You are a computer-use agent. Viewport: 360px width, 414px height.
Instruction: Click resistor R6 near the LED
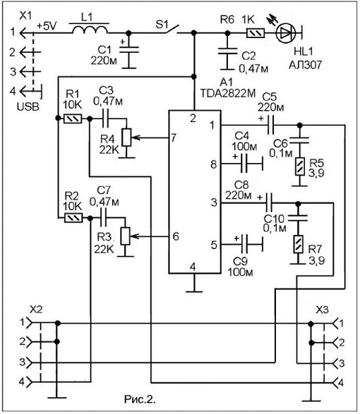[256, 33]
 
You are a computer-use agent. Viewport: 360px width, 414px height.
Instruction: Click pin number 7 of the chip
[174, 138]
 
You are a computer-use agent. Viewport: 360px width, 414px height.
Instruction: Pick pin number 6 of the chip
[176, 236]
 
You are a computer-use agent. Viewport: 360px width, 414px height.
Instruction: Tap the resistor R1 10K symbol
[73, 118]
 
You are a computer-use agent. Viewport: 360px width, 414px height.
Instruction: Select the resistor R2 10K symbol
[73, 218]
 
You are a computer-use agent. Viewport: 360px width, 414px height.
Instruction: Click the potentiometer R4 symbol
[127, 138]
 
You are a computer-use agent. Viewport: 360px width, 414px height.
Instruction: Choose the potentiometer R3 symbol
[126, 236]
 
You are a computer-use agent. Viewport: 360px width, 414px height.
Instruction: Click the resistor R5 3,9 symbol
[300, 166]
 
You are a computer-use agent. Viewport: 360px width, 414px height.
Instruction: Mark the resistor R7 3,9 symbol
[298, 244]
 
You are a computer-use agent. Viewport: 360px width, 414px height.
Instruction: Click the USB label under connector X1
[28, 106]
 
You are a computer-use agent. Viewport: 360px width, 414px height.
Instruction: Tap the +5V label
[47, 26]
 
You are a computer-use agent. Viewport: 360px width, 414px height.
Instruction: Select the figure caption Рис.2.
[140, 399]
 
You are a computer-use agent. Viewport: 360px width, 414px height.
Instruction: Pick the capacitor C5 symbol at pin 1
[270, 125]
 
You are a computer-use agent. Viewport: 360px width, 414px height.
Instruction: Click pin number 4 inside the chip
[193, 267]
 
